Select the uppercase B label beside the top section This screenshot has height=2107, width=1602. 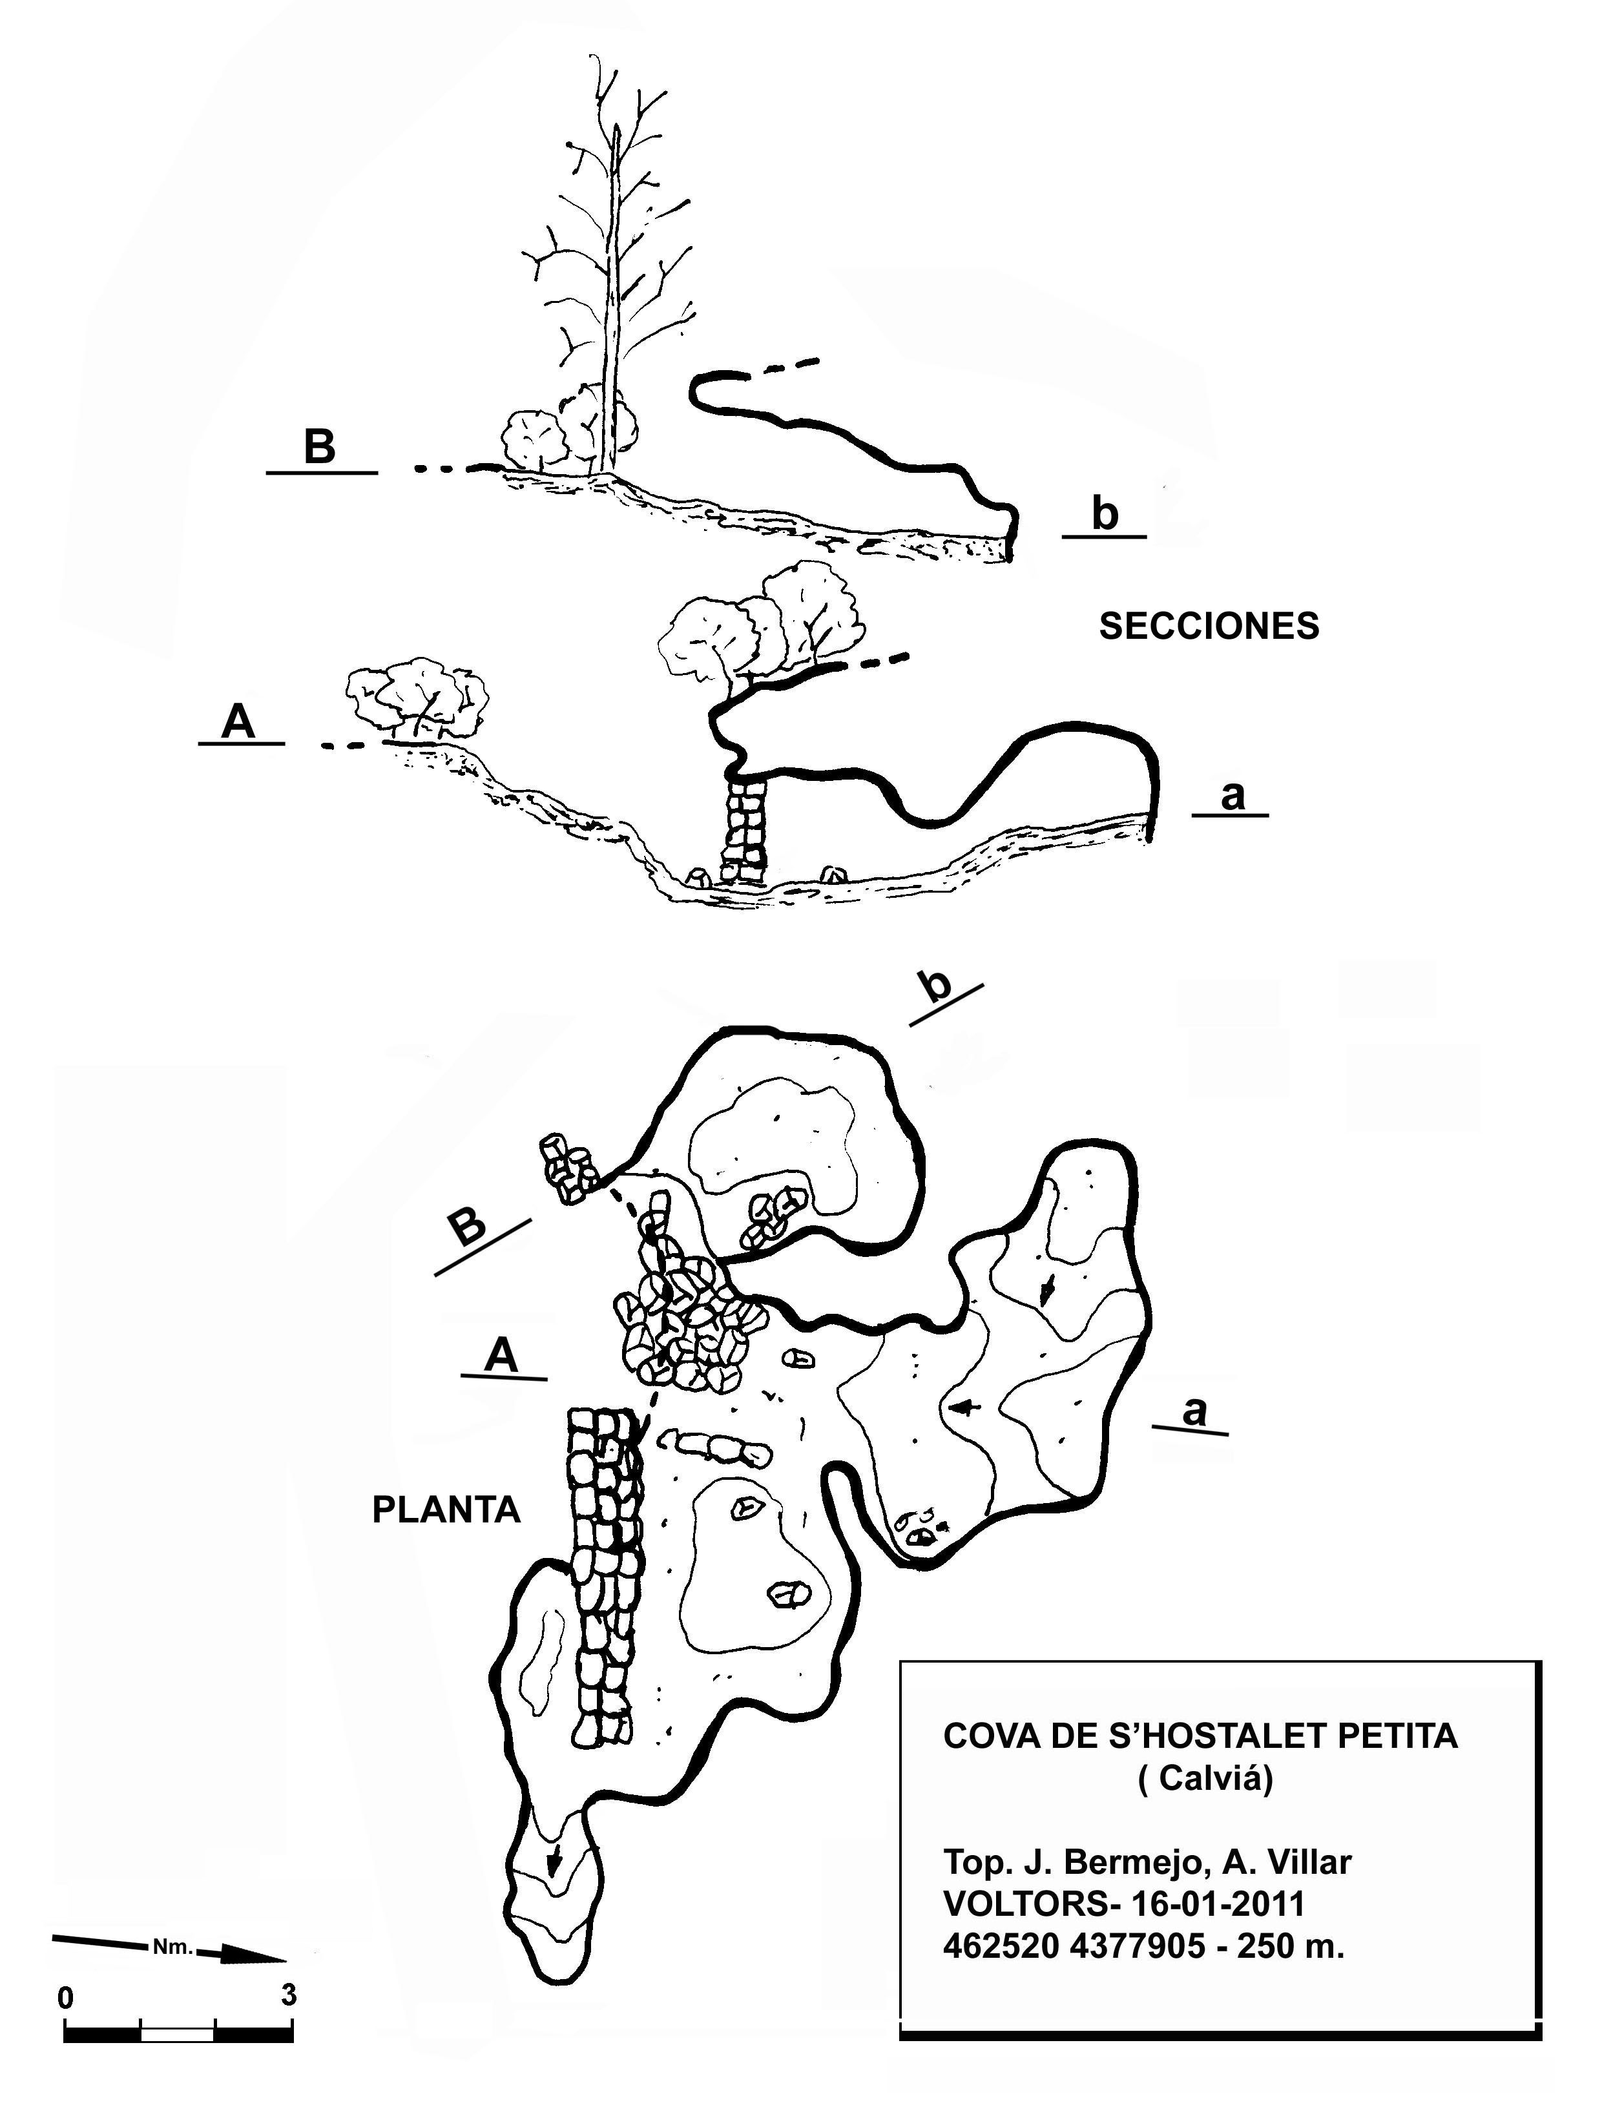(x=320, y=446)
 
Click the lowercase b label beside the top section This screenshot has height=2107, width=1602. (x=1104, y=514)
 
